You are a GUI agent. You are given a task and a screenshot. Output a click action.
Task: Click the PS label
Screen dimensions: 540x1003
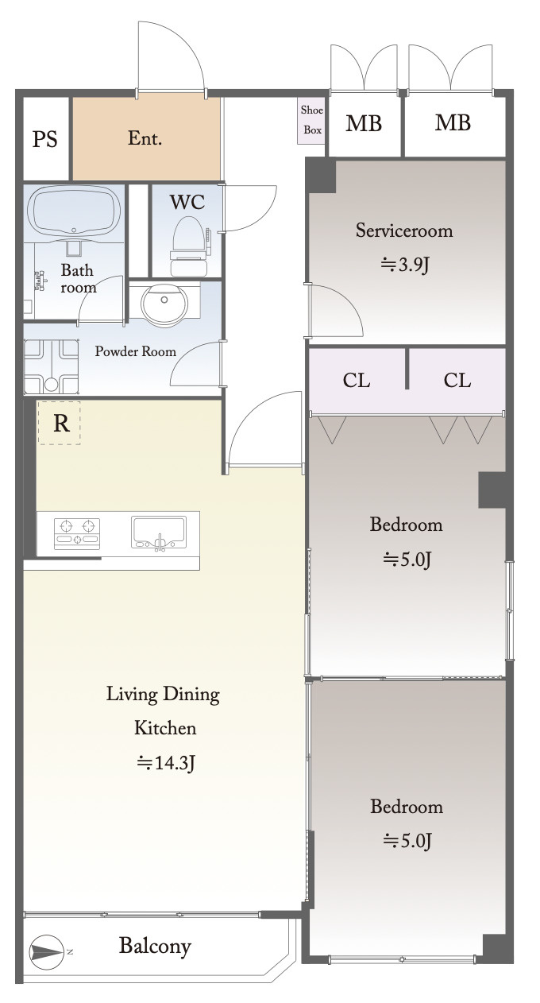(x=44, y=139)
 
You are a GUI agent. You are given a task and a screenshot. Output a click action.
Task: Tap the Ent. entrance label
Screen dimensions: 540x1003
(x=145, y=138)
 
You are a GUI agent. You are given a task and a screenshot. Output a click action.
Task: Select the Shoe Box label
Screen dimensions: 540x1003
(x=312, y=120)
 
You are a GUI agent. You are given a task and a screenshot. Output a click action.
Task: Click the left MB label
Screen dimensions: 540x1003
(x=363, y=123)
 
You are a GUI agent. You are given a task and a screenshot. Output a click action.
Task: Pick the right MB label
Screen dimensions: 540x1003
(x=453, y=122)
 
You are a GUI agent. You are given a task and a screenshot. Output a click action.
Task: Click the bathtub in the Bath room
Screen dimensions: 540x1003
(x=74, y=211)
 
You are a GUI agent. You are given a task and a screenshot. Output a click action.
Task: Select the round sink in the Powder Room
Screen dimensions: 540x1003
(x=164, y=304)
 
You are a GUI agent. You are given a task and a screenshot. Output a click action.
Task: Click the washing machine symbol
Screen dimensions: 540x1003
(x=51, y=366)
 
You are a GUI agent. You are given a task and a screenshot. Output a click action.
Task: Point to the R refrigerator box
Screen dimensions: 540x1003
(x=60, y=423)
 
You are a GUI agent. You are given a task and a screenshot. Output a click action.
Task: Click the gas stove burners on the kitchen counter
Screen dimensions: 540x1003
(x=76, y=533)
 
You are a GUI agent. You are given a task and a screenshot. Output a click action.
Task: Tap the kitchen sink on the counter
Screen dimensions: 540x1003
(x=159, y=532)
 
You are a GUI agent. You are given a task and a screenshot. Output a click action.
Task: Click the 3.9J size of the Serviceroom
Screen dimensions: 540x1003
(x=405, y=265)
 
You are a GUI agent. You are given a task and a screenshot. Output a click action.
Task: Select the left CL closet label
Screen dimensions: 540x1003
(x=356, y=381)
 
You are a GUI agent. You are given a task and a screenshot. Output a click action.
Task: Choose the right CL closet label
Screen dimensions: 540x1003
(x=457, y=381)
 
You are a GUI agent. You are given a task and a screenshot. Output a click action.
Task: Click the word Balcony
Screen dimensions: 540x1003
(x=155, y=947)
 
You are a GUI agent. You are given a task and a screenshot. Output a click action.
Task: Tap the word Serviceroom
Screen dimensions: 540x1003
(x=404, y=230)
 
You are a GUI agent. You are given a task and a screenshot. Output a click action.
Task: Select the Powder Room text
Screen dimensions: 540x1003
(x=135, y=351)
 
